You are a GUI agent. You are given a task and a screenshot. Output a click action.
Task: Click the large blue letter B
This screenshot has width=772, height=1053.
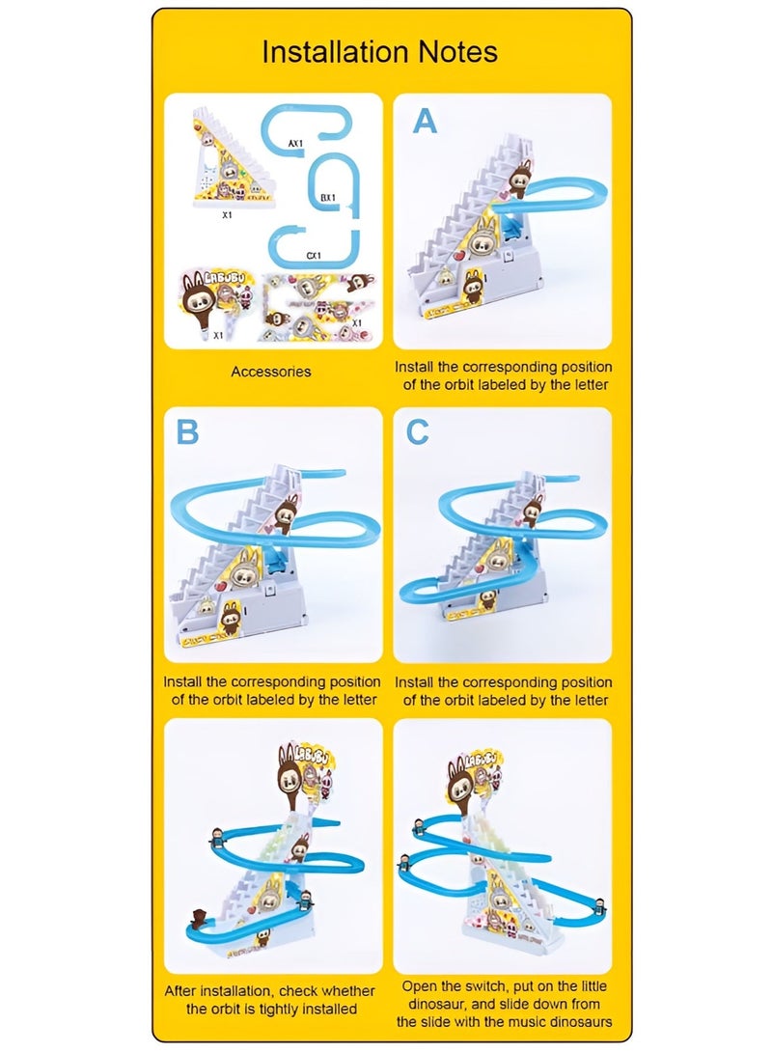click(186, 432)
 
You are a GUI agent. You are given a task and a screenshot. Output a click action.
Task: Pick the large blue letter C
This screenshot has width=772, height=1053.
click(417, 432)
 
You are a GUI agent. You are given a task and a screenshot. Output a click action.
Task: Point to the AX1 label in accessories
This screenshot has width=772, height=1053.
click(295, 143)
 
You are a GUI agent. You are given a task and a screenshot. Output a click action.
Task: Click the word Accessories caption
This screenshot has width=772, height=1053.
click(270, 371)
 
